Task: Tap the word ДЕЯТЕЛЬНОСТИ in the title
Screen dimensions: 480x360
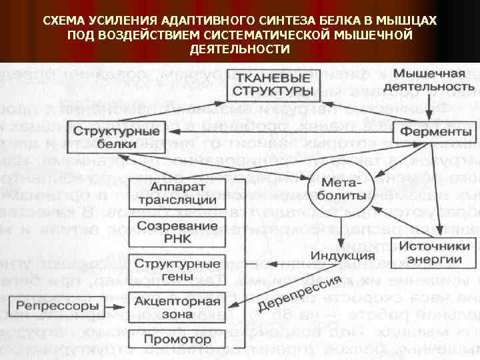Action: click(x=240, y=50)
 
